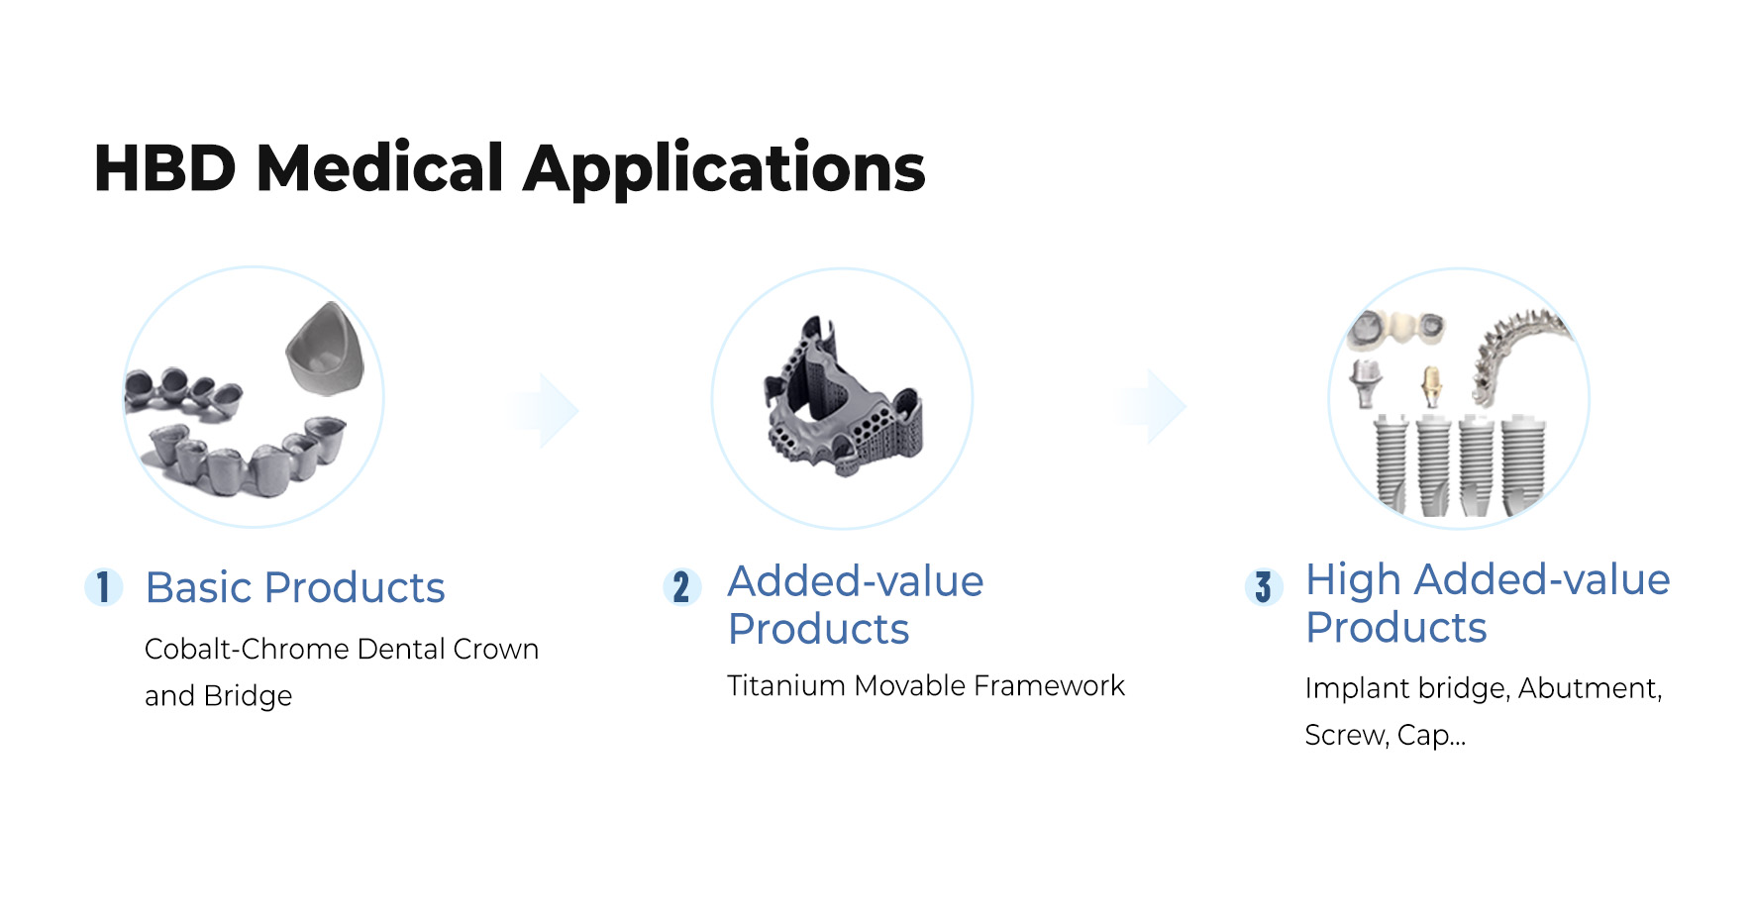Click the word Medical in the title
click(x=380, y=167)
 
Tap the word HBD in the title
click(x=165, y=168)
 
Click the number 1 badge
click(x=103, y=586)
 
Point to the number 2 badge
click(x=681, y=586)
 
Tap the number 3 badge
click(x=1263, y=586)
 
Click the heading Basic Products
click(x=295, y=587)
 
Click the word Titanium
click(x=786, y=685)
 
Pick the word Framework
click(x=1049, y=685)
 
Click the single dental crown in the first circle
click(x=326, y=350)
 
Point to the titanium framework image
click(x=843, y=397)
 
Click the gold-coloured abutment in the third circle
click(x=1430, y=386)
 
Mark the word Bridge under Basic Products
click(x=248, y=696)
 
